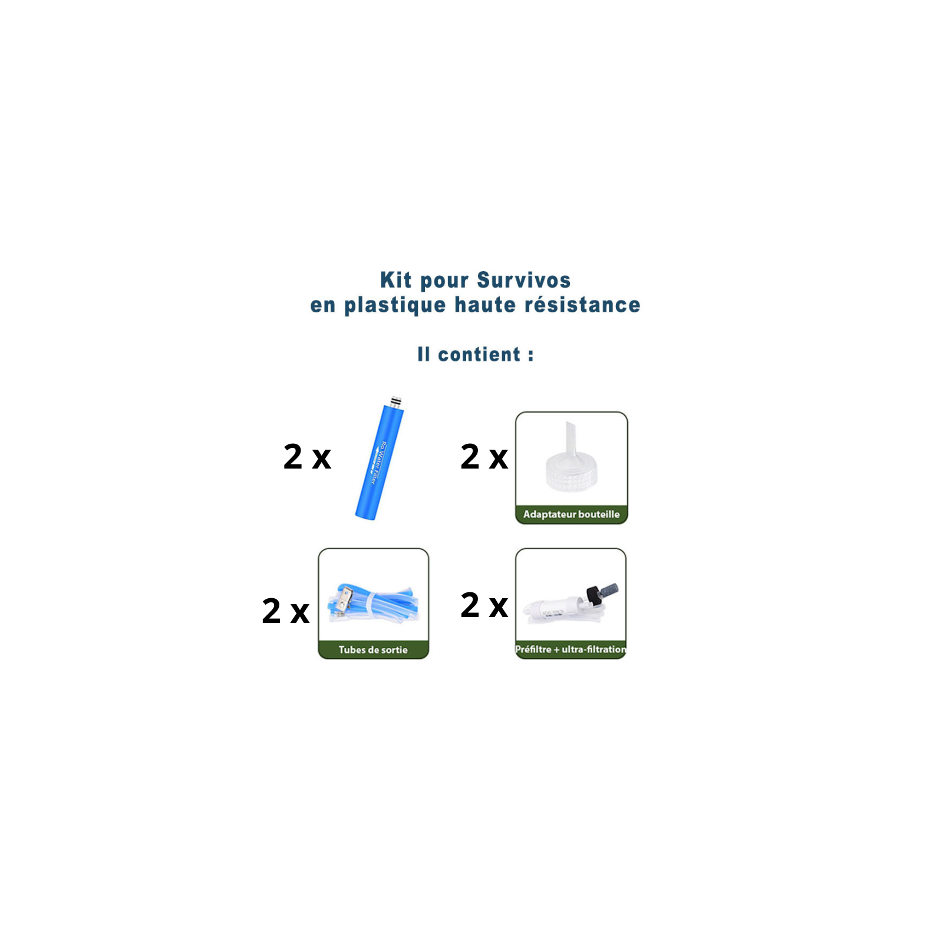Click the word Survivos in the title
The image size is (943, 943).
(x=524, y=280)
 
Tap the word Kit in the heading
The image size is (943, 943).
(x=395, y=280)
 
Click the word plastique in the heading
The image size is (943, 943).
(x=395, y=305)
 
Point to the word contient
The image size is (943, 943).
(x=479, y=354)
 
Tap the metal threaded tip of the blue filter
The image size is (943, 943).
(x=397, y=402)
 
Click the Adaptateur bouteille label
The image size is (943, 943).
(x=572, y=515)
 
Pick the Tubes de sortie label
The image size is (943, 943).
(x=373, y=649)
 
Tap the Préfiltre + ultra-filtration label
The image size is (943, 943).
(x=571, y=649)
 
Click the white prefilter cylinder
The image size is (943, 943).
(x=555, y=609)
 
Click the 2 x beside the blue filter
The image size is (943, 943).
(x=307, y=457)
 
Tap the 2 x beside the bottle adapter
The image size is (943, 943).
(x=484, y=457)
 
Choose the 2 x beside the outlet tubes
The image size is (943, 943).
(x=286, y=611)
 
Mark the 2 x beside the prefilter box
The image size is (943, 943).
(x=484, y=605)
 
